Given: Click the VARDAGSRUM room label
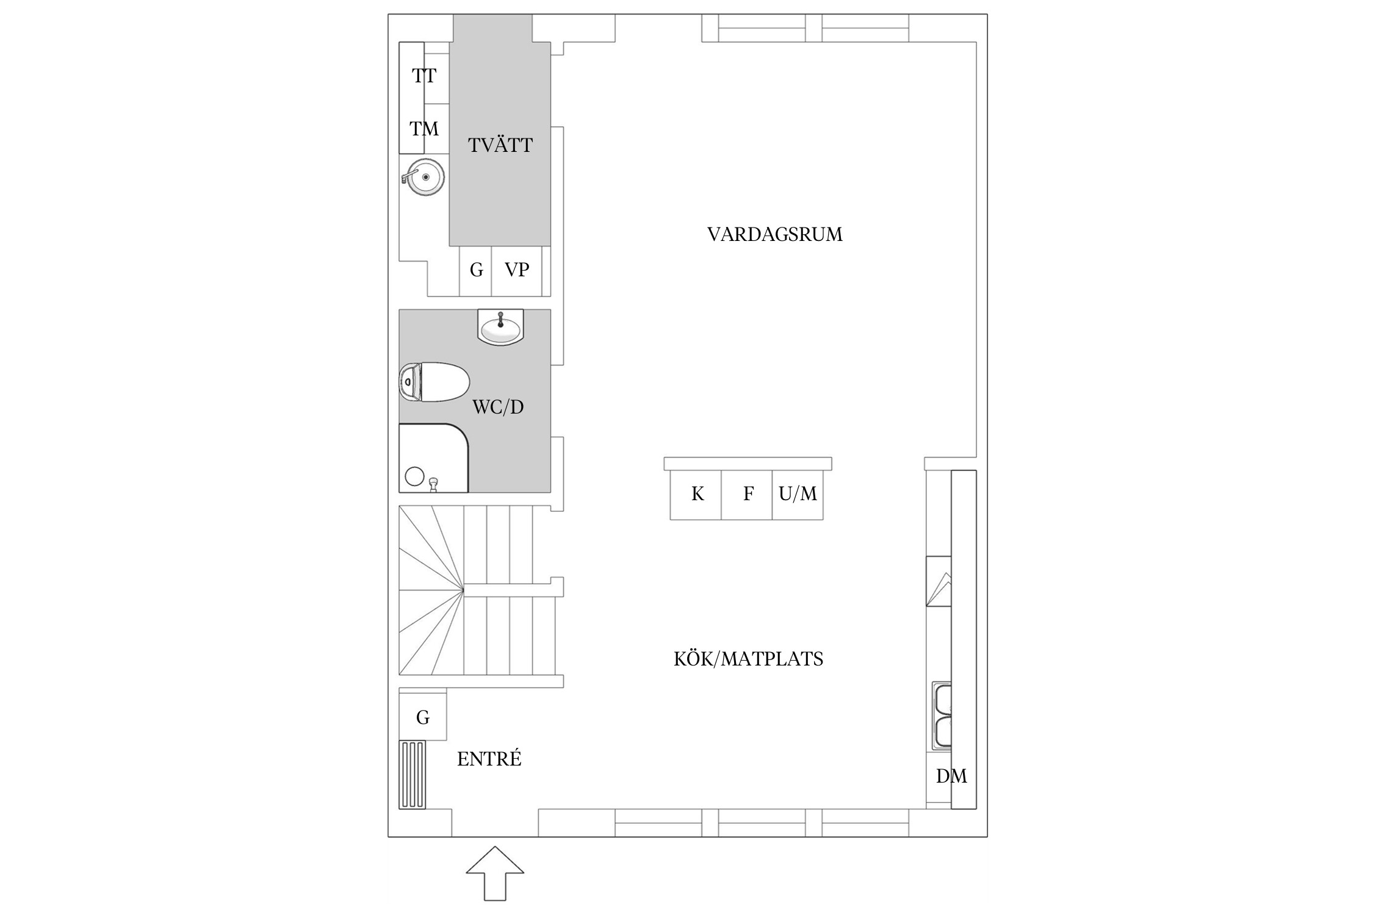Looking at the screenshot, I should (x=774, y=234).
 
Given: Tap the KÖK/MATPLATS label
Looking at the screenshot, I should (x=748, y=659).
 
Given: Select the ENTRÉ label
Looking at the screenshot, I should (x=489, y=759).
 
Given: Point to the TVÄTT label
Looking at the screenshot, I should (x=500, y=145).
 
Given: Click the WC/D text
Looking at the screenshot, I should (x=498, y=407).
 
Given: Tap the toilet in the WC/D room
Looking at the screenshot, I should (x=434, y=382).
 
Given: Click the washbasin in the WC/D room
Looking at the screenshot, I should (x=500, y=328).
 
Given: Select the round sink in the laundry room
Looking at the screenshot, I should (x=424, y=177).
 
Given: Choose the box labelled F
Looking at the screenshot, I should (x=748, y=494).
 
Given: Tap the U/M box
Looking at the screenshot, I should (x=798, y=494).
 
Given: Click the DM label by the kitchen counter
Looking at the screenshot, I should (x=951, y=777).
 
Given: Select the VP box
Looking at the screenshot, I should (x=517, y=270).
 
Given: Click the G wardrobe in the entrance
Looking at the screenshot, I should (x=423, y=717).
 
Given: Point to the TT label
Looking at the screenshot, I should (x=423, y=76).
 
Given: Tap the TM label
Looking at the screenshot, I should (x=423, y=129).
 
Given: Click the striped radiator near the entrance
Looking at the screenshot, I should (x=412, y=775).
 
